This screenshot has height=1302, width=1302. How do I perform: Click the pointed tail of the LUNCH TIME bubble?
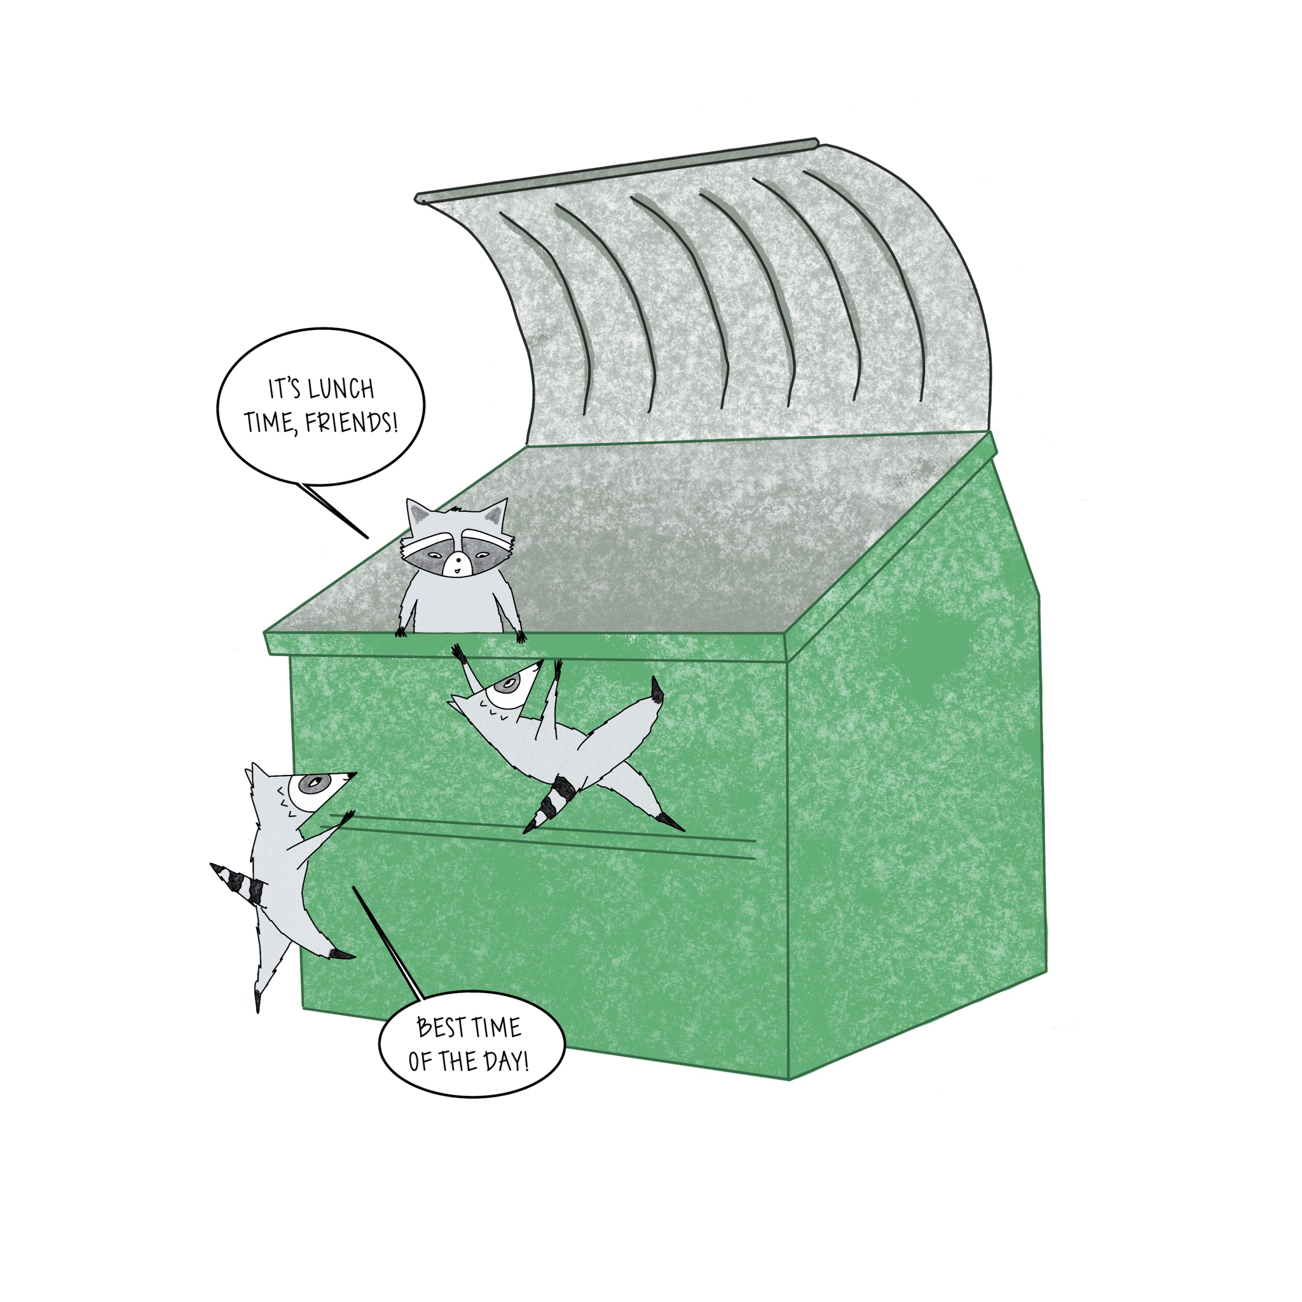(334, 511)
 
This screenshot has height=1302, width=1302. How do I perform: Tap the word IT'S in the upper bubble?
(283, 390)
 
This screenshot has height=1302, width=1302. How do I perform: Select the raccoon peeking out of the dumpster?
(458, 566)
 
